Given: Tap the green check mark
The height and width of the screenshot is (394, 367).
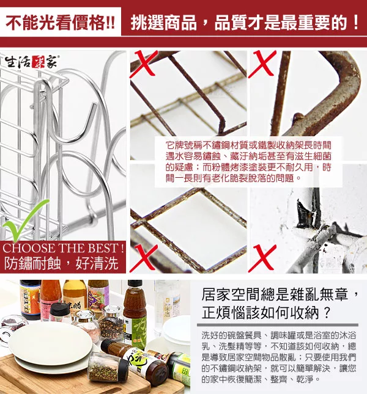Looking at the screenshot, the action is click(x=24, y=219).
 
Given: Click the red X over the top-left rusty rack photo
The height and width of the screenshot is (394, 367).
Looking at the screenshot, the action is click(x=144, y=63).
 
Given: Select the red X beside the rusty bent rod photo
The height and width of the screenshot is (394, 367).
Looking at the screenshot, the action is click(x=262, y=64).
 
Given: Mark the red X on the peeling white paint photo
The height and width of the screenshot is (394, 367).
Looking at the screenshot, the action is click(x=262, y=258).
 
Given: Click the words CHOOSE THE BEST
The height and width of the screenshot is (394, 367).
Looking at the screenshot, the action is click(x=63, y=248).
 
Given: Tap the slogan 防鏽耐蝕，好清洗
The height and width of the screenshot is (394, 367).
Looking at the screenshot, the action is click(x=61, y=263).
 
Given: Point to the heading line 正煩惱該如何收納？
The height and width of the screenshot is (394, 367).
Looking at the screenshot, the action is click(x=265, y=313).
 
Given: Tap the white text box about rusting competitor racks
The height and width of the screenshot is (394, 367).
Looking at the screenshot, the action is click(x=248, y=161).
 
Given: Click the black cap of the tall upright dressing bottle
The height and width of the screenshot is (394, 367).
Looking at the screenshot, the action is click(x=135, y=285).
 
